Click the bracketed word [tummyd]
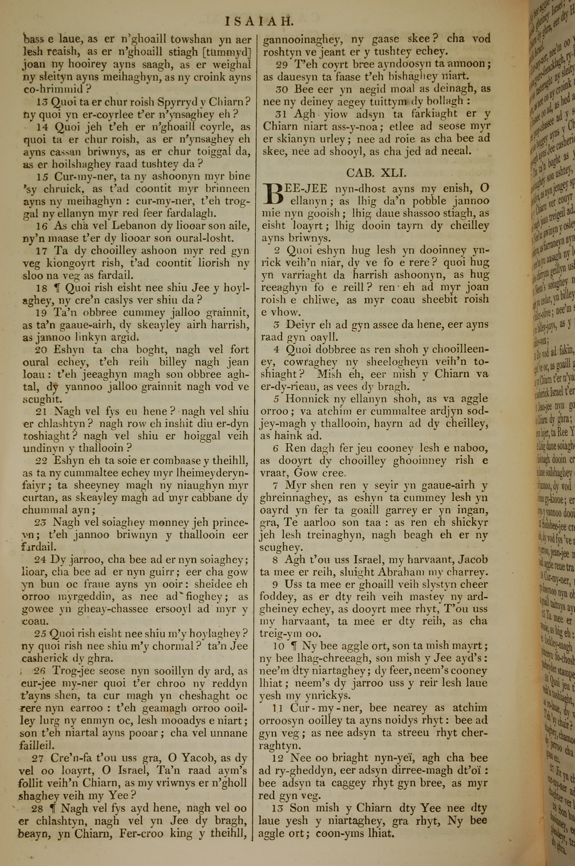tap(227, 52)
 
